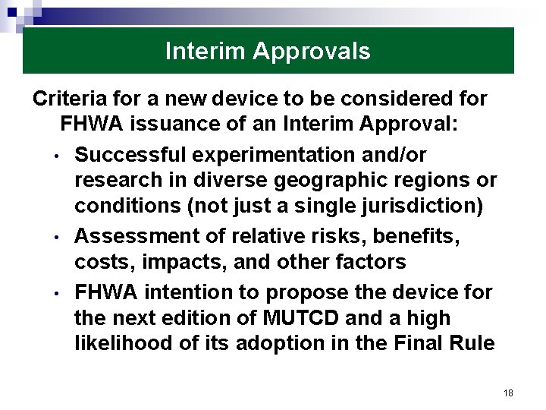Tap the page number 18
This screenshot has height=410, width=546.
pos(508,393)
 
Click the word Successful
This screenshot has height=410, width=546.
pos(130,155)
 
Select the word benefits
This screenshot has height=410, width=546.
pos(416,236)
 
